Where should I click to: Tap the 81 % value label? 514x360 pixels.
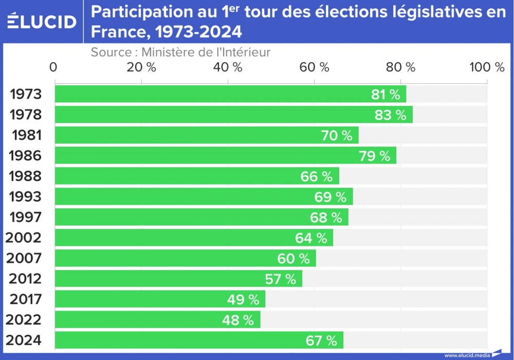click(x=385, y=95)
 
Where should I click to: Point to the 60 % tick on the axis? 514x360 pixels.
click(x=314, y=67)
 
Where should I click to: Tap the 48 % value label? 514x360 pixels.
click(x=238, y=320)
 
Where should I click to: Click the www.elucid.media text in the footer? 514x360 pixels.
click(x=467, y=355)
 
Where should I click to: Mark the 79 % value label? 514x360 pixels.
click(x=374, y=156)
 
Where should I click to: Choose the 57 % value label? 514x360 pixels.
click(x=281, y=279)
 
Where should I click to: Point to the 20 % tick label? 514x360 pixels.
click(x=141, y=67)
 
